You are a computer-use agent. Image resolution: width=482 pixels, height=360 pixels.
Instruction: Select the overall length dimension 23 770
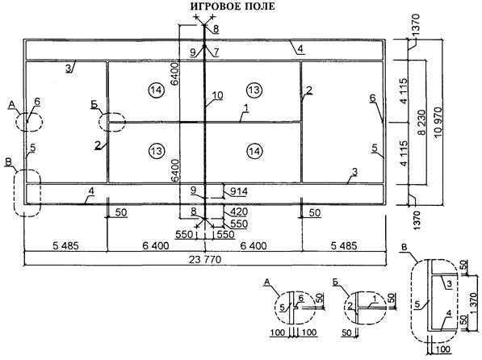point(205,260)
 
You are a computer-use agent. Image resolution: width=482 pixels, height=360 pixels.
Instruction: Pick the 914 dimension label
point(238,191)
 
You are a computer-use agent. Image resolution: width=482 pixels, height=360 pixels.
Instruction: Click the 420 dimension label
point(238,211)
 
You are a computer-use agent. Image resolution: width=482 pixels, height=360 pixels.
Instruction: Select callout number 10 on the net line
point(217,95)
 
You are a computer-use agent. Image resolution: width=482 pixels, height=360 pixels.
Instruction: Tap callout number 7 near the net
point(216,52)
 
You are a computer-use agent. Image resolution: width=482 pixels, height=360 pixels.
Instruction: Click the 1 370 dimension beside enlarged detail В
point(473,303)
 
